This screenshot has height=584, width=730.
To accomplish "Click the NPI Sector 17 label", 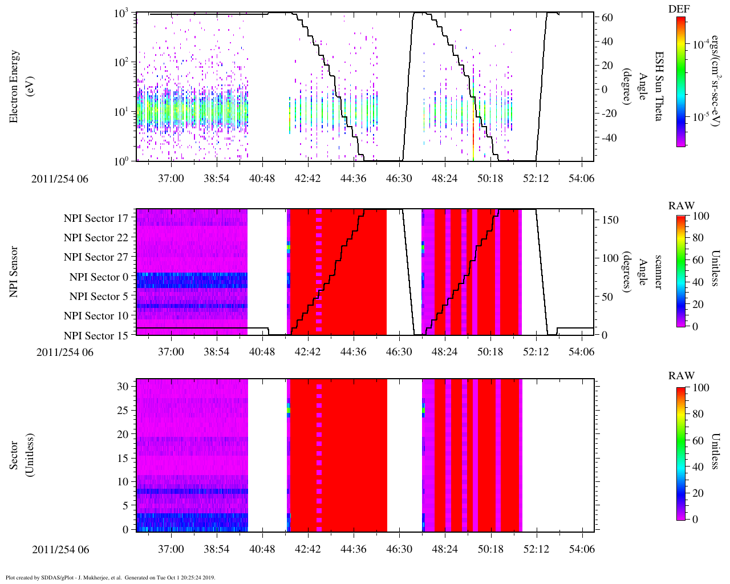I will [96, 218].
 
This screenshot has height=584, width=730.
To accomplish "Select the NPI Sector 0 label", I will [99, 277].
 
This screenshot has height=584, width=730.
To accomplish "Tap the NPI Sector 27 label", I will [96, 257].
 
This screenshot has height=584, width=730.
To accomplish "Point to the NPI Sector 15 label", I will [96, 335].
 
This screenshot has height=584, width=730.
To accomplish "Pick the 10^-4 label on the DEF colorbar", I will [700, 44].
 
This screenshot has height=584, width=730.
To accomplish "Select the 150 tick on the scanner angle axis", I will [611, 220].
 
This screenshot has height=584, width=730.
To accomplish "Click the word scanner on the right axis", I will [658, 272].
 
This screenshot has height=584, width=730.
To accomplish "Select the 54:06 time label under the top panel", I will [581, 179].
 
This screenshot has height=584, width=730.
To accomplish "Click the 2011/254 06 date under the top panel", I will [60, 179].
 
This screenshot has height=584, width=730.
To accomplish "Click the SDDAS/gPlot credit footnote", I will [110, 577].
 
